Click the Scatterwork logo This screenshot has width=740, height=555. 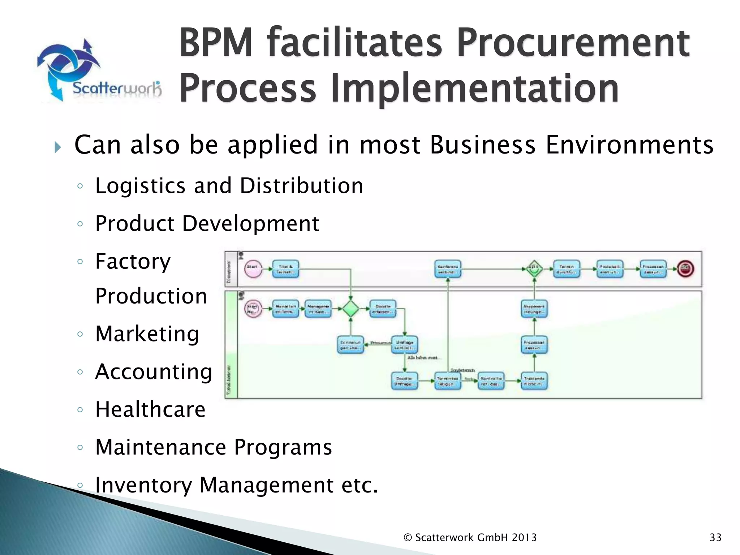click(x=99, y=70)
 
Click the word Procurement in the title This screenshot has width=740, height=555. click(x=573, y=43)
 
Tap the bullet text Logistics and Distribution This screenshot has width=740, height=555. click(x=229, y=186)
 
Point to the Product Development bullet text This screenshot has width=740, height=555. click(x=207, y=223)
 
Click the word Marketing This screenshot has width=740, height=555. click(x=147, y=334)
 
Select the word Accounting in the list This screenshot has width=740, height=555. click(x=154, y=371)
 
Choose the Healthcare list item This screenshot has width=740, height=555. click(x=150, y=409)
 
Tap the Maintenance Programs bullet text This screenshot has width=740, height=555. click(x=213, y=447)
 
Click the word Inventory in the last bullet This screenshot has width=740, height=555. click(x=143, y=485)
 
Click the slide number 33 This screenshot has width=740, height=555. click(x=715, y=538)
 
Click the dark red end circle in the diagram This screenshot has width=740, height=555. click(x=685, y=268)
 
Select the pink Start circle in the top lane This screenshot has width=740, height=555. click(x=253, y=269)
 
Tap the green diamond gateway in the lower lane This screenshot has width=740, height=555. click(x=350, y=309)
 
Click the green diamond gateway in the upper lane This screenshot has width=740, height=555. click(x=534, y=269)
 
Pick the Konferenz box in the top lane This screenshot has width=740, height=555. click(x=448, y=269)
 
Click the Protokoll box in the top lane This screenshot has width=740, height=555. click(x=610, y=269)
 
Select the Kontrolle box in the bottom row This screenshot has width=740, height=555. click(x=491, y=381)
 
